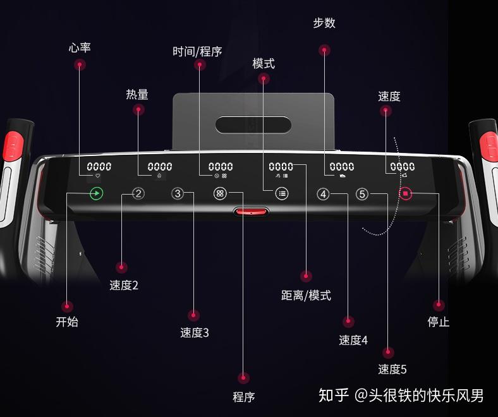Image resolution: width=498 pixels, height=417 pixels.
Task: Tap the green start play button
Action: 96,194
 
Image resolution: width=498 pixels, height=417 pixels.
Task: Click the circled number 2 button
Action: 138,194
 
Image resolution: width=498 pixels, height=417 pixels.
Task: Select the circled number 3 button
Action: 178,194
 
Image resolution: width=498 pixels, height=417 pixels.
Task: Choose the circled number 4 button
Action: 324,194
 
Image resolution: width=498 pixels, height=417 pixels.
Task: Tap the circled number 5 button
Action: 362,194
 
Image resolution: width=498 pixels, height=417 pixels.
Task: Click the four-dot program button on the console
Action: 220,194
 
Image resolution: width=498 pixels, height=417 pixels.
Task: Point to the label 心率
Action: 80,48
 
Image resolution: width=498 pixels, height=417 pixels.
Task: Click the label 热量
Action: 137,95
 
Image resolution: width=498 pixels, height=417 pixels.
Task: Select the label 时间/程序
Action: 198,52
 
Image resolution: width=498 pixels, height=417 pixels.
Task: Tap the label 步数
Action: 324,23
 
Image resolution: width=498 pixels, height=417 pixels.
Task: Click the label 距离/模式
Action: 306,296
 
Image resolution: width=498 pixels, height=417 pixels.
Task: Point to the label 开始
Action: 67,322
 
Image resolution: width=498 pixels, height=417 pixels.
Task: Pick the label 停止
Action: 439,322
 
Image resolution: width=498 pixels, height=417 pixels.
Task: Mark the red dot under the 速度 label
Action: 386,111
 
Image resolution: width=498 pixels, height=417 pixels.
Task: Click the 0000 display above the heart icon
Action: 99,167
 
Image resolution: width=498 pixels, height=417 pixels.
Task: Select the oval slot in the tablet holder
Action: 253,124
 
